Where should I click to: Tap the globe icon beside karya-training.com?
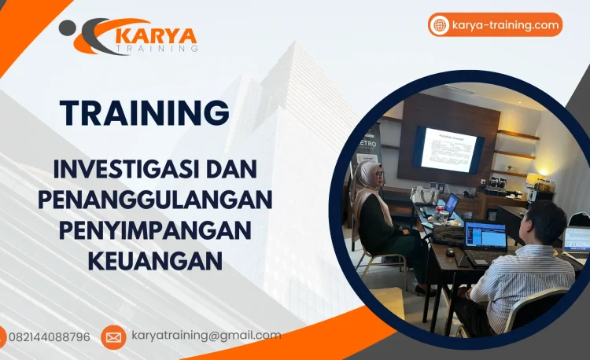[x=440, y=25]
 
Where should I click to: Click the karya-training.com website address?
[x=506, y=25]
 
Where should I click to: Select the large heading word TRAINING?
[x=145, y=112]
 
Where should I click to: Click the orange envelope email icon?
[x=113, y=337]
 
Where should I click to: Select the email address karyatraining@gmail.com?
[x=206, y=336]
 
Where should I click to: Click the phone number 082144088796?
[x=50, y=337]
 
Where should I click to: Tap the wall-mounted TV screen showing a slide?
[x=448, y=149]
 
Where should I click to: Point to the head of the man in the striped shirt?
[x=544, y=222]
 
